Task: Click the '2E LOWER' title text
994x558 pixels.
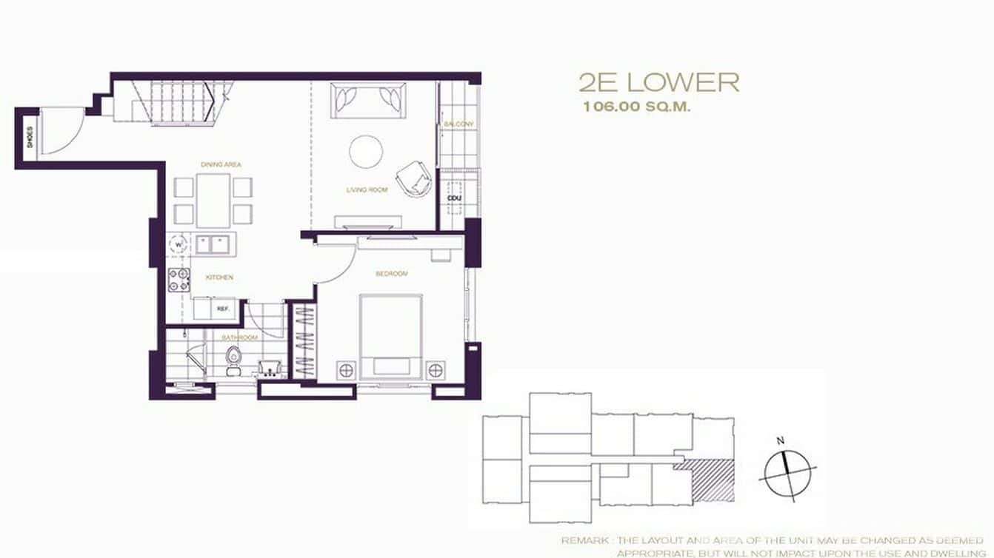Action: [658, 82]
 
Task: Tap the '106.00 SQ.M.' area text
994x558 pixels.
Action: [636, 107]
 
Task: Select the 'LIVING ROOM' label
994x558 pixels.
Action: [367, 190]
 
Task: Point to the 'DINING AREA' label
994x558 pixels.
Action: [221, 164]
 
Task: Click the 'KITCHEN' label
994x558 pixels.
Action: [220, 278]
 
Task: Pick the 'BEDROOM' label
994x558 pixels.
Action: [392, 274]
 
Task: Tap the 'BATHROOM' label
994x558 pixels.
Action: [241, 337]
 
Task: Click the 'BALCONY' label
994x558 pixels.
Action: [458, 124]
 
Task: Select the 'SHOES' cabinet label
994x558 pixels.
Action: [30, 138]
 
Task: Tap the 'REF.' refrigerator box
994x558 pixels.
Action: [221, 309]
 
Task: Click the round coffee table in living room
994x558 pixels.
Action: [366, 152]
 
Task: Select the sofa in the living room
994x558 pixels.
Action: [369, 101]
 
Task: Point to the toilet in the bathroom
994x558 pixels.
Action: [233, 358]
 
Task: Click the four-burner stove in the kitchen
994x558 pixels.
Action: [179, 280]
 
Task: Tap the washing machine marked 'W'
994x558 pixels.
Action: [179, 243]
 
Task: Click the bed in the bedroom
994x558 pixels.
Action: [391, 337]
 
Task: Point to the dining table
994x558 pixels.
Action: [214, 200]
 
